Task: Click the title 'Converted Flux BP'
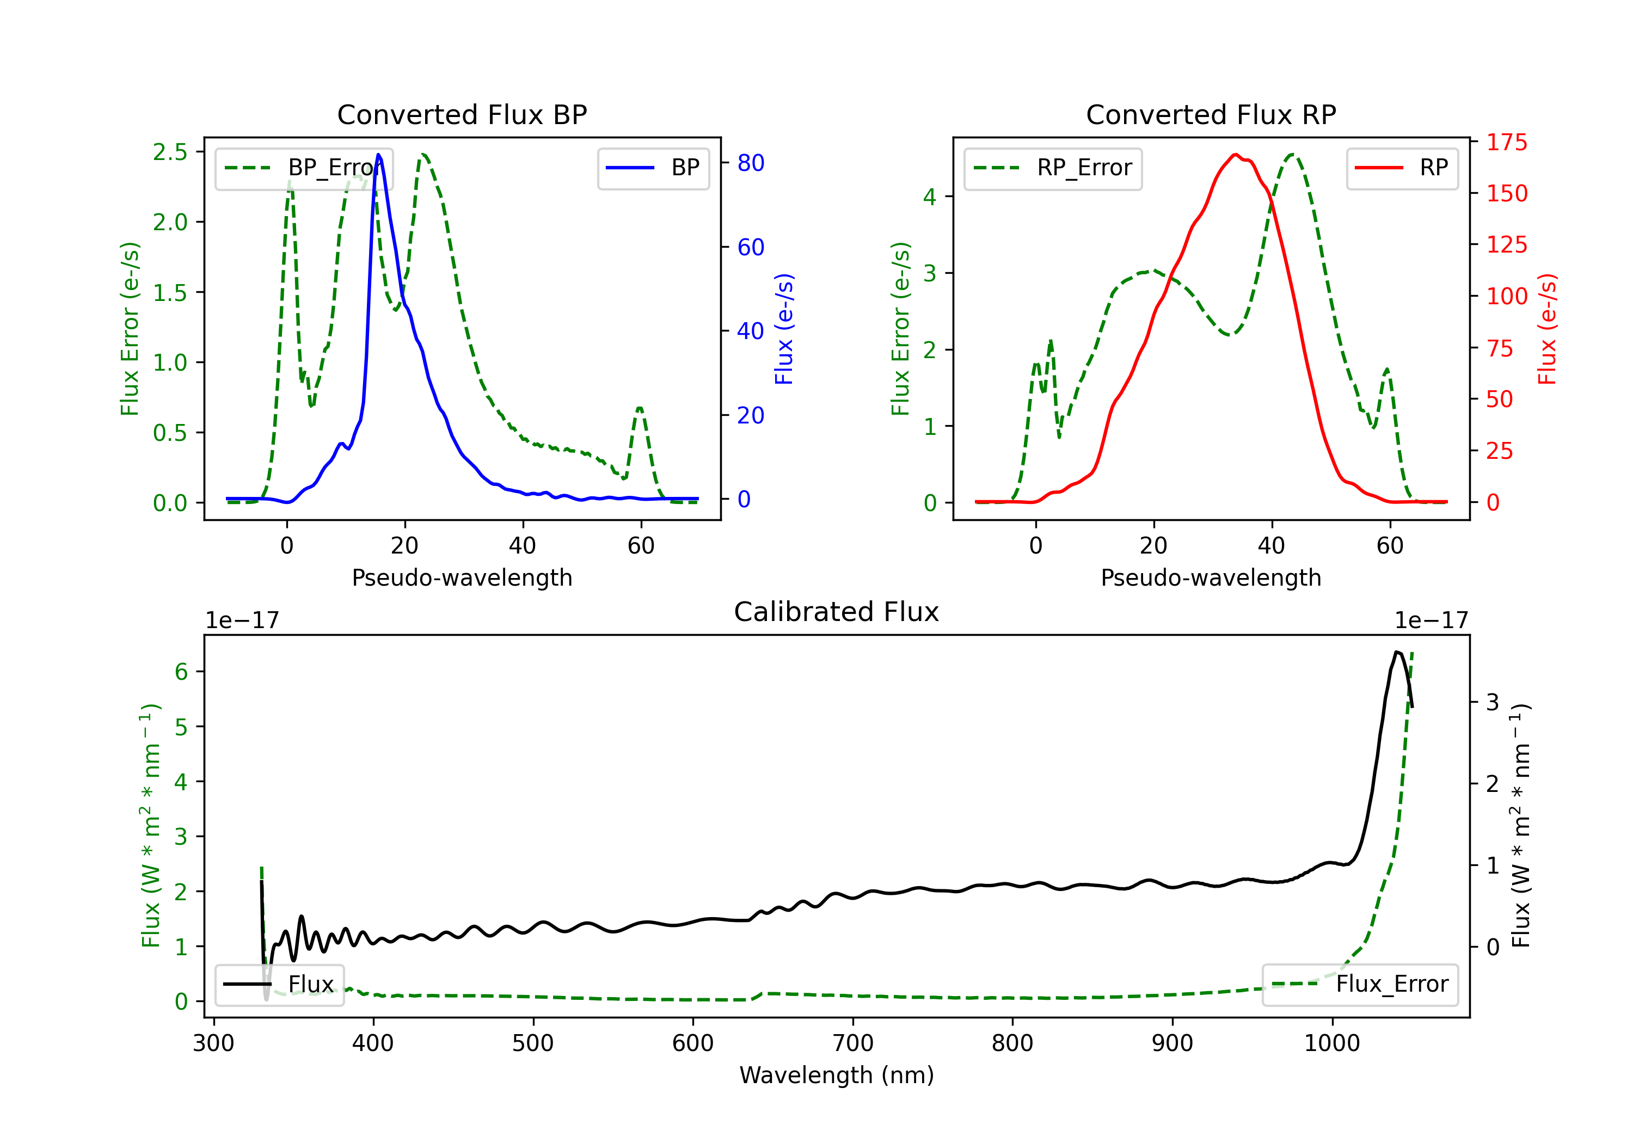point(462,114)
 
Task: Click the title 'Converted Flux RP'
point(1211,114)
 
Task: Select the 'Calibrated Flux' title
point(837,612)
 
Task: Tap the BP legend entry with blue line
point(653,168)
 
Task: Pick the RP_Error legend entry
point(1053,168)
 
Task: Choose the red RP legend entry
point(1402,168)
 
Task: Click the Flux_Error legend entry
point(1360,985)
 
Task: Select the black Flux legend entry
point(279,985)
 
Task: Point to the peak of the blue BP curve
point(378,155)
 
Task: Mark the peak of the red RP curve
point(1236,155)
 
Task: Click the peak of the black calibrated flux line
point(1396,652)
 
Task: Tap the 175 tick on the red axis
point(1506,142)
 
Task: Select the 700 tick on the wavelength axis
point(853,1043)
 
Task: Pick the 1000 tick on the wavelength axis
point(1332,1043)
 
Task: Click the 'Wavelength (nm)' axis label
point(837,1076)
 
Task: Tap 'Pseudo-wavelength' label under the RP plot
point(1211,577)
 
